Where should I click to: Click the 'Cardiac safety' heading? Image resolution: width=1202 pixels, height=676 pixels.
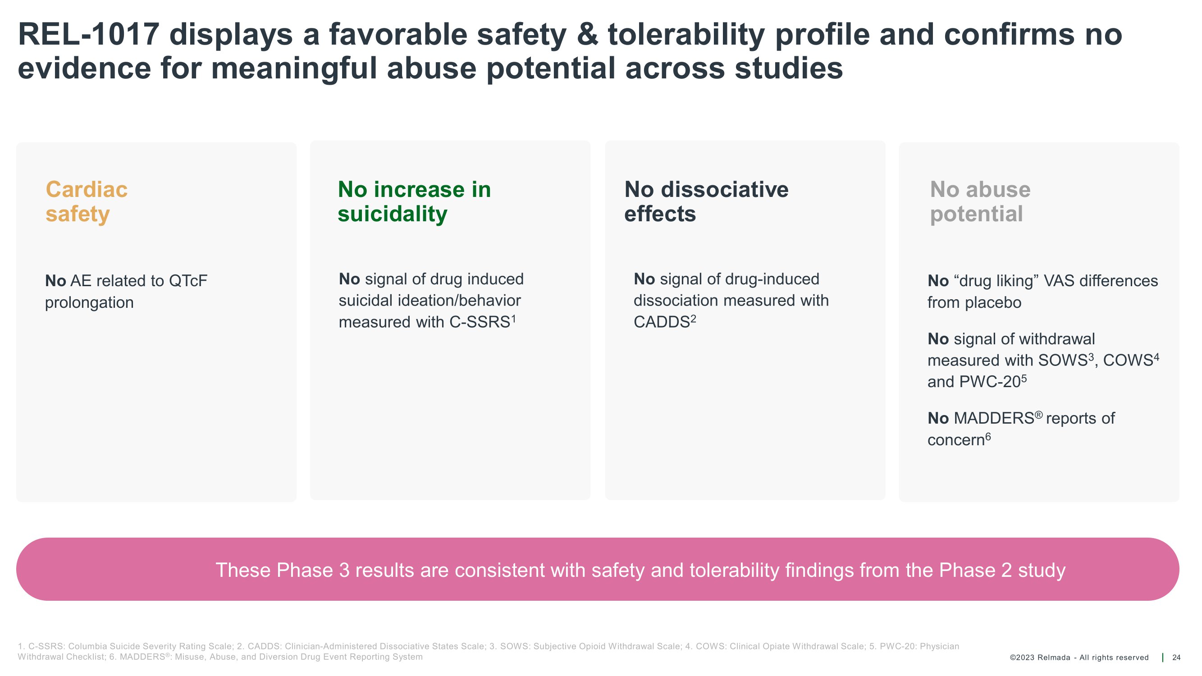coord(87,201)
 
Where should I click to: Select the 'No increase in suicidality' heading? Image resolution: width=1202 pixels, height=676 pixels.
coord(414,201)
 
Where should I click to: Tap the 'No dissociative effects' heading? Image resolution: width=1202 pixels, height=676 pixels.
coord(706,201)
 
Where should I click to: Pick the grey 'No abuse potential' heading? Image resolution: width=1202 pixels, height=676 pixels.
coord(980,201)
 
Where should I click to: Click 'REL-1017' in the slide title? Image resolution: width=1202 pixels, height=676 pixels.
coord(89,35)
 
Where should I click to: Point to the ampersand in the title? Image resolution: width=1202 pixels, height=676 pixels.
coord(586,35)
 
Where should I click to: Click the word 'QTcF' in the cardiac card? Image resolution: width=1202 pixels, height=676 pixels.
coord(188,281)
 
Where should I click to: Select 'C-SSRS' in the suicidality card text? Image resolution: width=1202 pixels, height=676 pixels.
coord(480,322)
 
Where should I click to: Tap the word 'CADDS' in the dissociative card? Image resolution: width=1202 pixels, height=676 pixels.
coord(662,322)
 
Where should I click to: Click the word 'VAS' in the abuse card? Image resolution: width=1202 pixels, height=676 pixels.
coord(1059,281)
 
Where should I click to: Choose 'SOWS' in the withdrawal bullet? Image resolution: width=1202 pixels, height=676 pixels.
coord(1063,360)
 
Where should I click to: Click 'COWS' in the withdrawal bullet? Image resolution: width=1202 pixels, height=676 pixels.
coord(1128,360)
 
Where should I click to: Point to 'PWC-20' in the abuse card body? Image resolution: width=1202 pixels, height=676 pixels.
coord(991,382)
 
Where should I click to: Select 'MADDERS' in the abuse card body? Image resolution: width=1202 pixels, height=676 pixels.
coord(994,418)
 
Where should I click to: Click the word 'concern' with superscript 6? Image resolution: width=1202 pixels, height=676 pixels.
coord(955,440)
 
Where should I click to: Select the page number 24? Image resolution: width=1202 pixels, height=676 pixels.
coord(1176,658)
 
